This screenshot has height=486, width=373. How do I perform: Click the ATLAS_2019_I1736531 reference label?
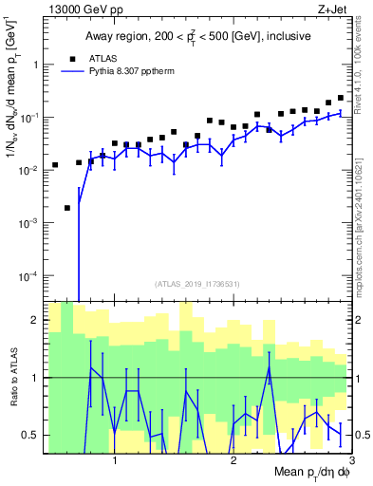197,284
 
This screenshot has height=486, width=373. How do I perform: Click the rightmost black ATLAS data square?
341,97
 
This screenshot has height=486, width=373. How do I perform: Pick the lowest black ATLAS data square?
67,208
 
